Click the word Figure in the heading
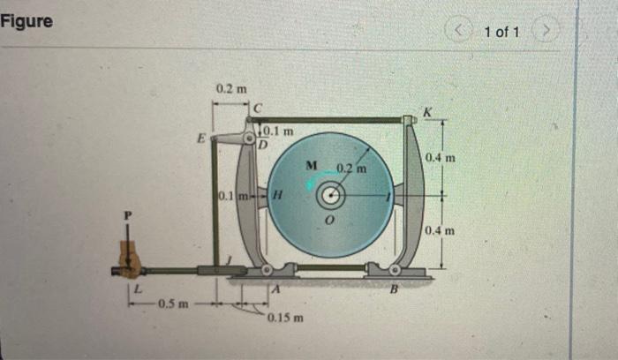pyautogui.click(x=26, y=20)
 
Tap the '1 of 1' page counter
pyautogui.click(x=501, y=33)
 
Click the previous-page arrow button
pyautogui.click(x=461, y=33)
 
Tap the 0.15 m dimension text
pyautogui.click(x=285, y=316)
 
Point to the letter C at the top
pyautogui.click(x=258, y=108)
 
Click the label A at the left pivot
pyautogui.click(x=275, y=287)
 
